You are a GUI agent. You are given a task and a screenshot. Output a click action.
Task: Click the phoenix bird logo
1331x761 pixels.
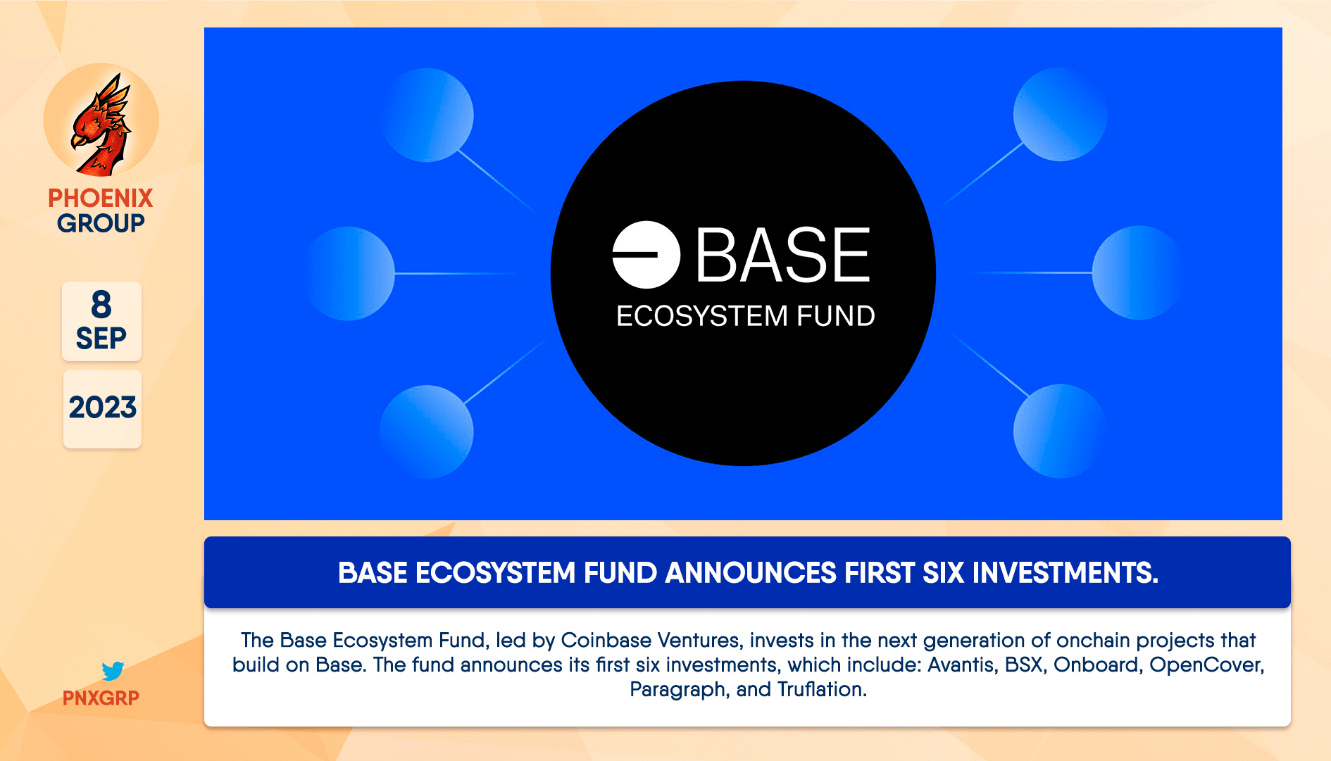[101, 123]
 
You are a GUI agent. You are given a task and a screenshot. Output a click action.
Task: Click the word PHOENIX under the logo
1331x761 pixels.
[101, 198]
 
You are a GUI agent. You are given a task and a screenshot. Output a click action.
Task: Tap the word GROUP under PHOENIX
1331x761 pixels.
[101, 223]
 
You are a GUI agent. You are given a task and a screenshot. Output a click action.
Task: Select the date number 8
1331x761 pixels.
[101, 305]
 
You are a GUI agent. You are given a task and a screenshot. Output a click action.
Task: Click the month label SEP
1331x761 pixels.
[101, 339]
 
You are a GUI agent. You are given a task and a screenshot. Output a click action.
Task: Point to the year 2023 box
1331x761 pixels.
[102, 408]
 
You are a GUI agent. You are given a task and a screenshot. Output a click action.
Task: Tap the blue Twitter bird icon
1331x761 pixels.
[113, 670]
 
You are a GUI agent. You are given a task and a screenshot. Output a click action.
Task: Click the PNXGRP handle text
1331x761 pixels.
[101, 698]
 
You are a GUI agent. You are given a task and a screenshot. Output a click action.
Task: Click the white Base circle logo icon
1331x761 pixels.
[646, 255]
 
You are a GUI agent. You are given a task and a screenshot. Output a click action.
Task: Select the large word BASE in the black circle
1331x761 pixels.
[783, 256]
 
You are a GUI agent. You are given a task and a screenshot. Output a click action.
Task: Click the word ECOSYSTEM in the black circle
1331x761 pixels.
[701, 316]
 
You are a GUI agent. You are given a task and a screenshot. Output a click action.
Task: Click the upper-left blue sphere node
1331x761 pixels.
[427, 115]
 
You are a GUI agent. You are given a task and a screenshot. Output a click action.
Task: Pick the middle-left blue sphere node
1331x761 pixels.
[349, 273]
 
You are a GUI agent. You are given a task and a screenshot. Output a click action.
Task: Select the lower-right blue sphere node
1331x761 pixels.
[1059, 431]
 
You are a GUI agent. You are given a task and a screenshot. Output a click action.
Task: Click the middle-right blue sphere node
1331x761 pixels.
[1137, 272]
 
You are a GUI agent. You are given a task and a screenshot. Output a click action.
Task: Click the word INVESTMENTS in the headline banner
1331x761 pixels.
[1065, 573]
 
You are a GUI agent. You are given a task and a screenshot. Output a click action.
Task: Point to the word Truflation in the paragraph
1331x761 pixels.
[821, 689]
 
